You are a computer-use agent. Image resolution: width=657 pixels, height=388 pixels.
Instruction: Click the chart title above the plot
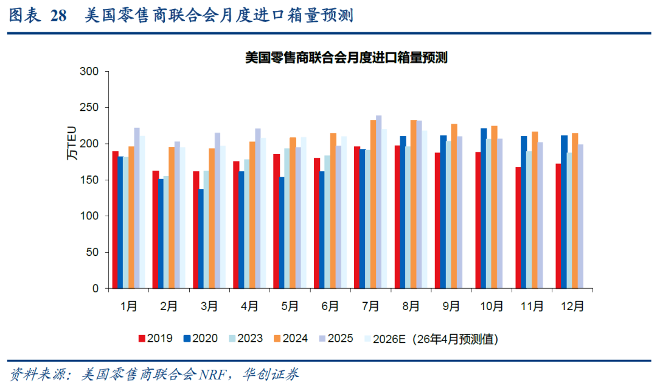[x=346, y=58]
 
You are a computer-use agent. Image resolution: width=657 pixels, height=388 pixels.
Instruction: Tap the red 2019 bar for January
[x=116, y=220]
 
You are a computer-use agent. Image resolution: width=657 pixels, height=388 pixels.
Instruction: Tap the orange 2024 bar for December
[x=575, y=211]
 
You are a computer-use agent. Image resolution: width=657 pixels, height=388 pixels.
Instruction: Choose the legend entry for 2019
[x=155, y=339]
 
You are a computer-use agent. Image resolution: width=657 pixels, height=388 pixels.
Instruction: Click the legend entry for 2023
[x=245, y=339]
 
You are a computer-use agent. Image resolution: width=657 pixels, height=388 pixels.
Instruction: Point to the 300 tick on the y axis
[x=89, y=72]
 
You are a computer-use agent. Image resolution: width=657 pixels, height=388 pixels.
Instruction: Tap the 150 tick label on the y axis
[x=89, y=180]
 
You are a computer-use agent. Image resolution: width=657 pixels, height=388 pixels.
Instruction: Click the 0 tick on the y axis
[x=96, y=288]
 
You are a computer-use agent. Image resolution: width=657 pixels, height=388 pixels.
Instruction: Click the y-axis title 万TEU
[x=72, y=147]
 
